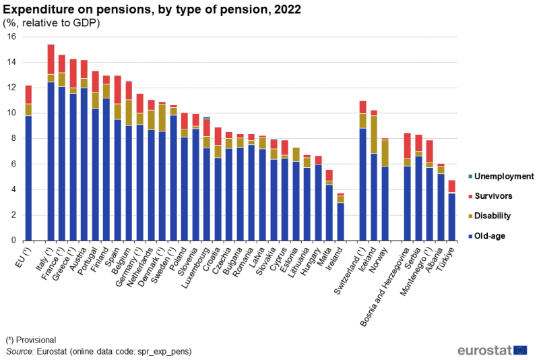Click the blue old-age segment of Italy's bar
click(x=51, y=162)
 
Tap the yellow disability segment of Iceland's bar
click(x=374, y=134)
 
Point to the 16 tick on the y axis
click(x=11, y=36)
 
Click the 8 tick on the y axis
click(x=13, y=139)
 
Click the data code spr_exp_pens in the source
click(x=161, y=351)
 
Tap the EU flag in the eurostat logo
click(x=520, y=350)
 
